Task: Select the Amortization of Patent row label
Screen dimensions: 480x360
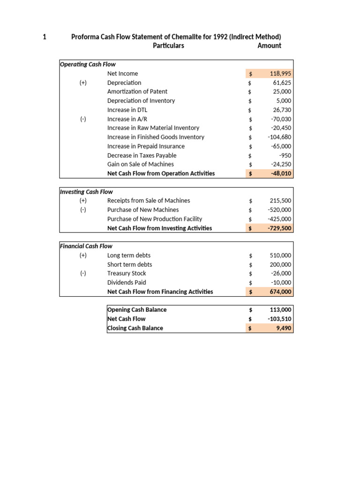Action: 137,91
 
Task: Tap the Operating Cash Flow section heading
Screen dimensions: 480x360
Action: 88,64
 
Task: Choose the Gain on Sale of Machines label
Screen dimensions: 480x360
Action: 140,164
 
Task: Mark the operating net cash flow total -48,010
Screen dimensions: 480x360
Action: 281,173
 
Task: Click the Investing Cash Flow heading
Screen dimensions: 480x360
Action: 86,191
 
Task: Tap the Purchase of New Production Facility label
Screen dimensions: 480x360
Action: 155,219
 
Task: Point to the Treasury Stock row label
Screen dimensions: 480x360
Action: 127,273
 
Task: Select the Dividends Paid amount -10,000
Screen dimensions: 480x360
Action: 281,283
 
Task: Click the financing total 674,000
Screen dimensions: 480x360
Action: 280,292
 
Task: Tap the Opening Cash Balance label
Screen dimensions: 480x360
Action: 137,310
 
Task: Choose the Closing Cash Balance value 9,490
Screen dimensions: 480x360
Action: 284,328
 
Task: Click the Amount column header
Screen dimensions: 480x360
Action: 270,45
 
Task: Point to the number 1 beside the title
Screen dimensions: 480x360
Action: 45,37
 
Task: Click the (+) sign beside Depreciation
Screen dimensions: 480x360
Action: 83,82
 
